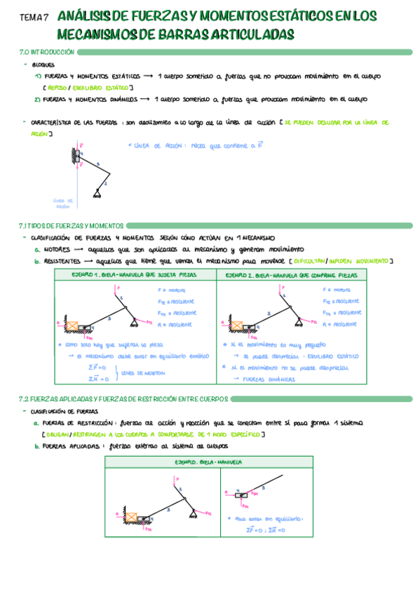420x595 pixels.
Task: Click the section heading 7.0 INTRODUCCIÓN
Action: tap(47, 53)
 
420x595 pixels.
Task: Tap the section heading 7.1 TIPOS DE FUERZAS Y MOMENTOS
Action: tap(72, 226)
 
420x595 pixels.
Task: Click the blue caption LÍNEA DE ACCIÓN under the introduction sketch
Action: tap(62, 203)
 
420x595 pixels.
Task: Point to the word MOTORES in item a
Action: tap(55, 249)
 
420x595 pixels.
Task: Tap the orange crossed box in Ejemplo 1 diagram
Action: tap(73, 326)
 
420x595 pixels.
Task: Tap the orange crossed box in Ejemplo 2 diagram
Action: tap(236, 326)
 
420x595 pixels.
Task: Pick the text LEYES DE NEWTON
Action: tap(140, 373)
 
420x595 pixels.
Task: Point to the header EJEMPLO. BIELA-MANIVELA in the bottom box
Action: tap(209, 463)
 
